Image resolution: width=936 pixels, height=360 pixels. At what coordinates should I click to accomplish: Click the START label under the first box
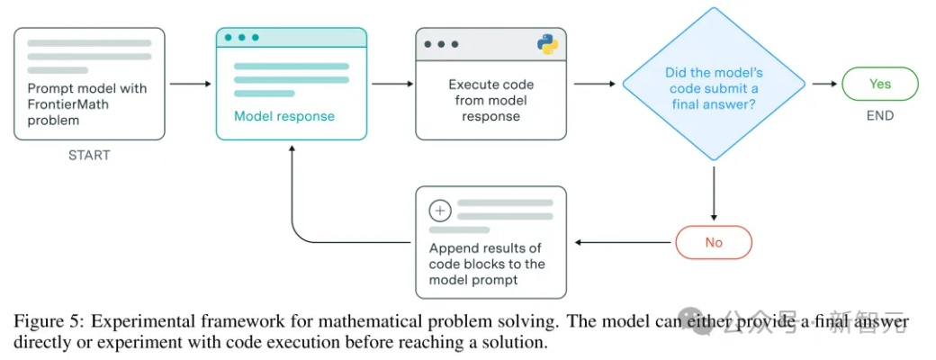(89, 155)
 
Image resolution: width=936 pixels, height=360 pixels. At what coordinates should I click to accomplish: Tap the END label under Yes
(879, 115)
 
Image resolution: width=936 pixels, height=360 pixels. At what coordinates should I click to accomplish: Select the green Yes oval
(879, 84)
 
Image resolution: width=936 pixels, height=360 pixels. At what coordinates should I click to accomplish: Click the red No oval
(713, 242)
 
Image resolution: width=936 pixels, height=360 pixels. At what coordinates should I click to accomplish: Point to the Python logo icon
(547, 43)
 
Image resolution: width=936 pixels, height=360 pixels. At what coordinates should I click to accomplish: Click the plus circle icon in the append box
(439, 211)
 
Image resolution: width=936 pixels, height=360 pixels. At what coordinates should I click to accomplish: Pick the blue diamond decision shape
(713, 84)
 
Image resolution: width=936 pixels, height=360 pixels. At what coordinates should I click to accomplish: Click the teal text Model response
(283, 116)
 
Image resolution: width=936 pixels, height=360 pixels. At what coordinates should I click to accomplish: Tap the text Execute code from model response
(490, 100)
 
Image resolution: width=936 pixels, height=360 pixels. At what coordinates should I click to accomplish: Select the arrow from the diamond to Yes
(823, 84)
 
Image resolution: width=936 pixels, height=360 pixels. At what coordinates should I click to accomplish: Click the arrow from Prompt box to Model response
(190, 84)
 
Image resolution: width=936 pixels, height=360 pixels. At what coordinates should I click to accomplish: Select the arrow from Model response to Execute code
(391, 84)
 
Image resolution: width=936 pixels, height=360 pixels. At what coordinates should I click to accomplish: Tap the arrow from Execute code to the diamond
(594, 84)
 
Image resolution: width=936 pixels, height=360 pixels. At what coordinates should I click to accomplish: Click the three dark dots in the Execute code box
(440, 43)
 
